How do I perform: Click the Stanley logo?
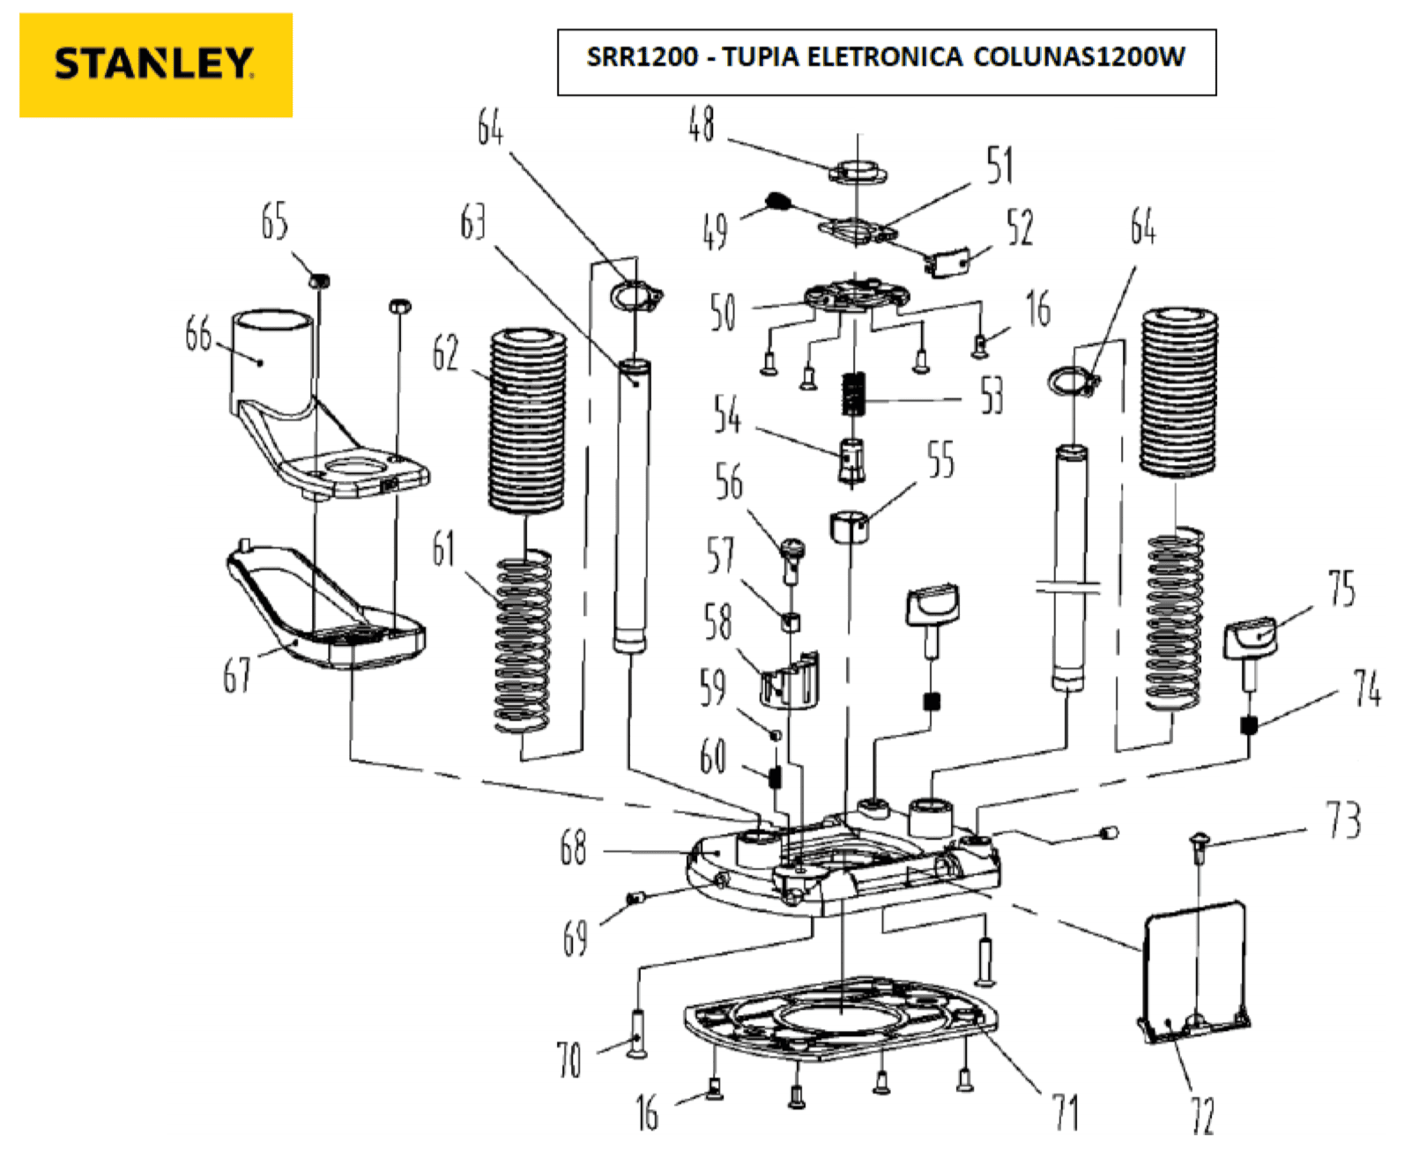pos(155,64)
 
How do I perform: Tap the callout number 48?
pos(702,124)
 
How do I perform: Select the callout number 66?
pos(198,334)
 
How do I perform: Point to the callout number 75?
pos(1342,588)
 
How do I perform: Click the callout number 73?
pos(1343,820)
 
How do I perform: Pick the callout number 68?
pos(573,849)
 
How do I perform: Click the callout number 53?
pos(992,396)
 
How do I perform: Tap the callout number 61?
pos(443,548)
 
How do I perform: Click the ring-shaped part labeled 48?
pos(857,172)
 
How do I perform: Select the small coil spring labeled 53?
pos(853,394)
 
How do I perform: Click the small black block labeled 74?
pos(1248,725)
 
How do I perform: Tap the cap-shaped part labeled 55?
pos(850,525)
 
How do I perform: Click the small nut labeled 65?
pos(319,280)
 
